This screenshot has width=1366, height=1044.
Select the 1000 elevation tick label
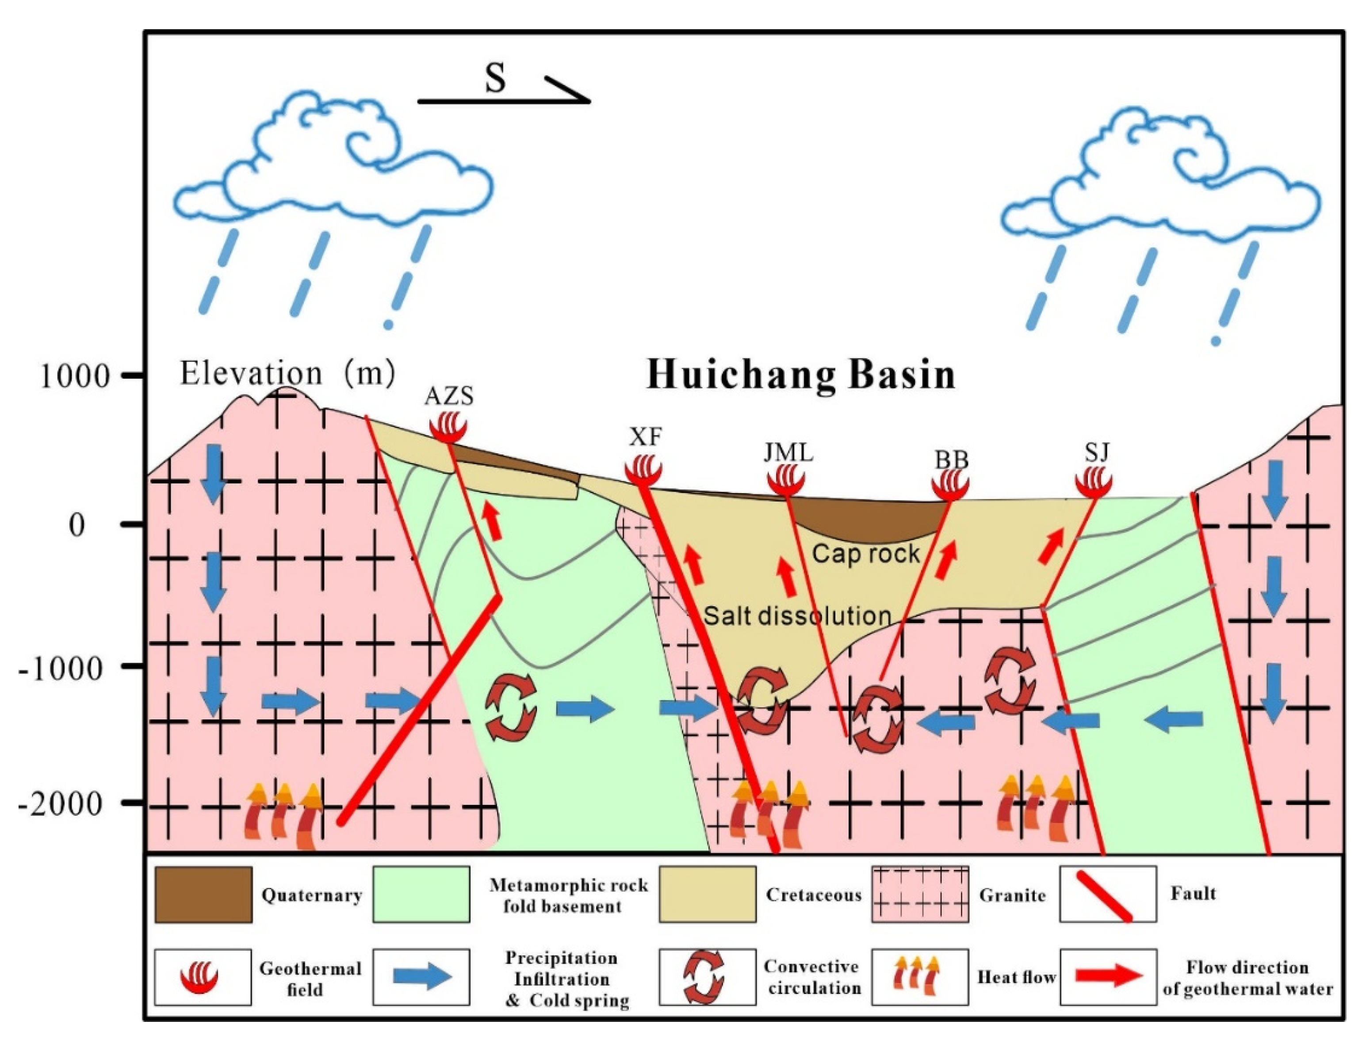(75, 376)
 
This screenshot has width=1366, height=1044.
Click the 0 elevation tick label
(77, 525)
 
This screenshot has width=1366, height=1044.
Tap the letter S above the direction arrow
(495, 79)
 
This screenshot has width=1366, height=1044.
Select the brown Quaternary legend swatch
(203, 894)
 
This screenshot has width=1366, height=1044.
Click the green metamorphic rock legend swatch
(421, 894)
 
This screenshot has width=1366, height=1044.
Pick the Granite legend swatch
(919, 894)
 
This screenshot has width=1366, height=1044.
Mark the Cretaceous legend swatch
(707, 894)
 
